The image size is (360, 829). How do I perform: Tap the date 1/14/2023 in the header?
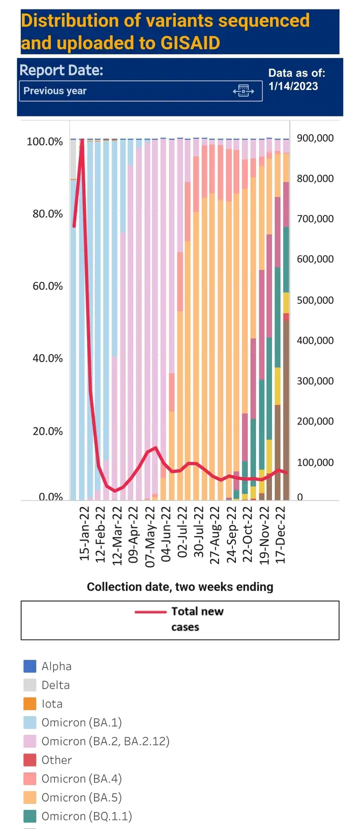(x=293, y=86)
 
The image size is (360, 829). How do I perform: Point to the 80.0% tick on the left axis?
(x=47, y=214)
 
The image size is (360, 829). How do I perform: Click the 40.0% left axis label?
(x=47, y=358)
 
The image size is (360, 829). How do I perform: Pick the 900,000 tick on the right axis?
(x=315, y=138)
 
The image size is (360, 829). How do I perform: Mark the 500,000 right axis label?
(x=315, y=300)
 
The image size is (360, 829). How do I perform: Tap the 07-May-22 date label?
(x=150, y=536)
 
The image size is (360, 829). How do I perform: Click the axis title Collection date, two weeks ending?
(x=180, y=586)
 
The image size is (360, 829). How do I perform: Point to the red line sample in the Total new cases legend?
(x=150, y=611)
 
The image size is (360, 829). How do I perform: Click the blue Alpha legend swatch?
(x=30, y=666)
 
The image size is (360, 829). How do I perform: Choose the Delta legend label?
(x=55, y=685)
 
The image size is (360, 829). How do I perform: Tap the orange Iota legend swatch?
(x=30, y=703)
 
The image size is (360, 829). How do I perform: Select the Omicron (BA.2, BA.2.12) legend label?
(x=105, y=741)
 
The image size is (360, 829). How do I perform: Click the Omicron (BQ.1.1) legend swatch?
(x=30, y=816)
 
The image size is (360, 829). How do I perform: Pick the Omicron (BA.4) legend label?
(x=81, y=778)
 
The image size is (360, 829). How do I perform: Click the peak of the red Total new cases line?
(x=82, y=140)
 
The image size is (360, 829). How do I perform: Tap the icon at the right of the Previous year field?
(x=243, y=91)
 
